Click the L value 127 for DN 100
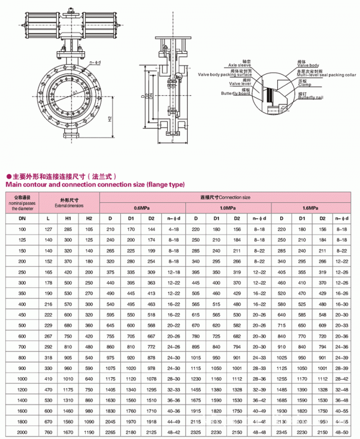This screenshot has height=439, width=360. tap(49, 228)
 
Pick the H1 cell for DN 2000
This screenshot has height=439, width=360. tap(68, 432)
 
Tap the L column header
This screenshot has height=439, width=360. tap(49, 218)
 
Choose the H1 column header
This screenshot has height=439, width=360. tap(68, 218)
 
